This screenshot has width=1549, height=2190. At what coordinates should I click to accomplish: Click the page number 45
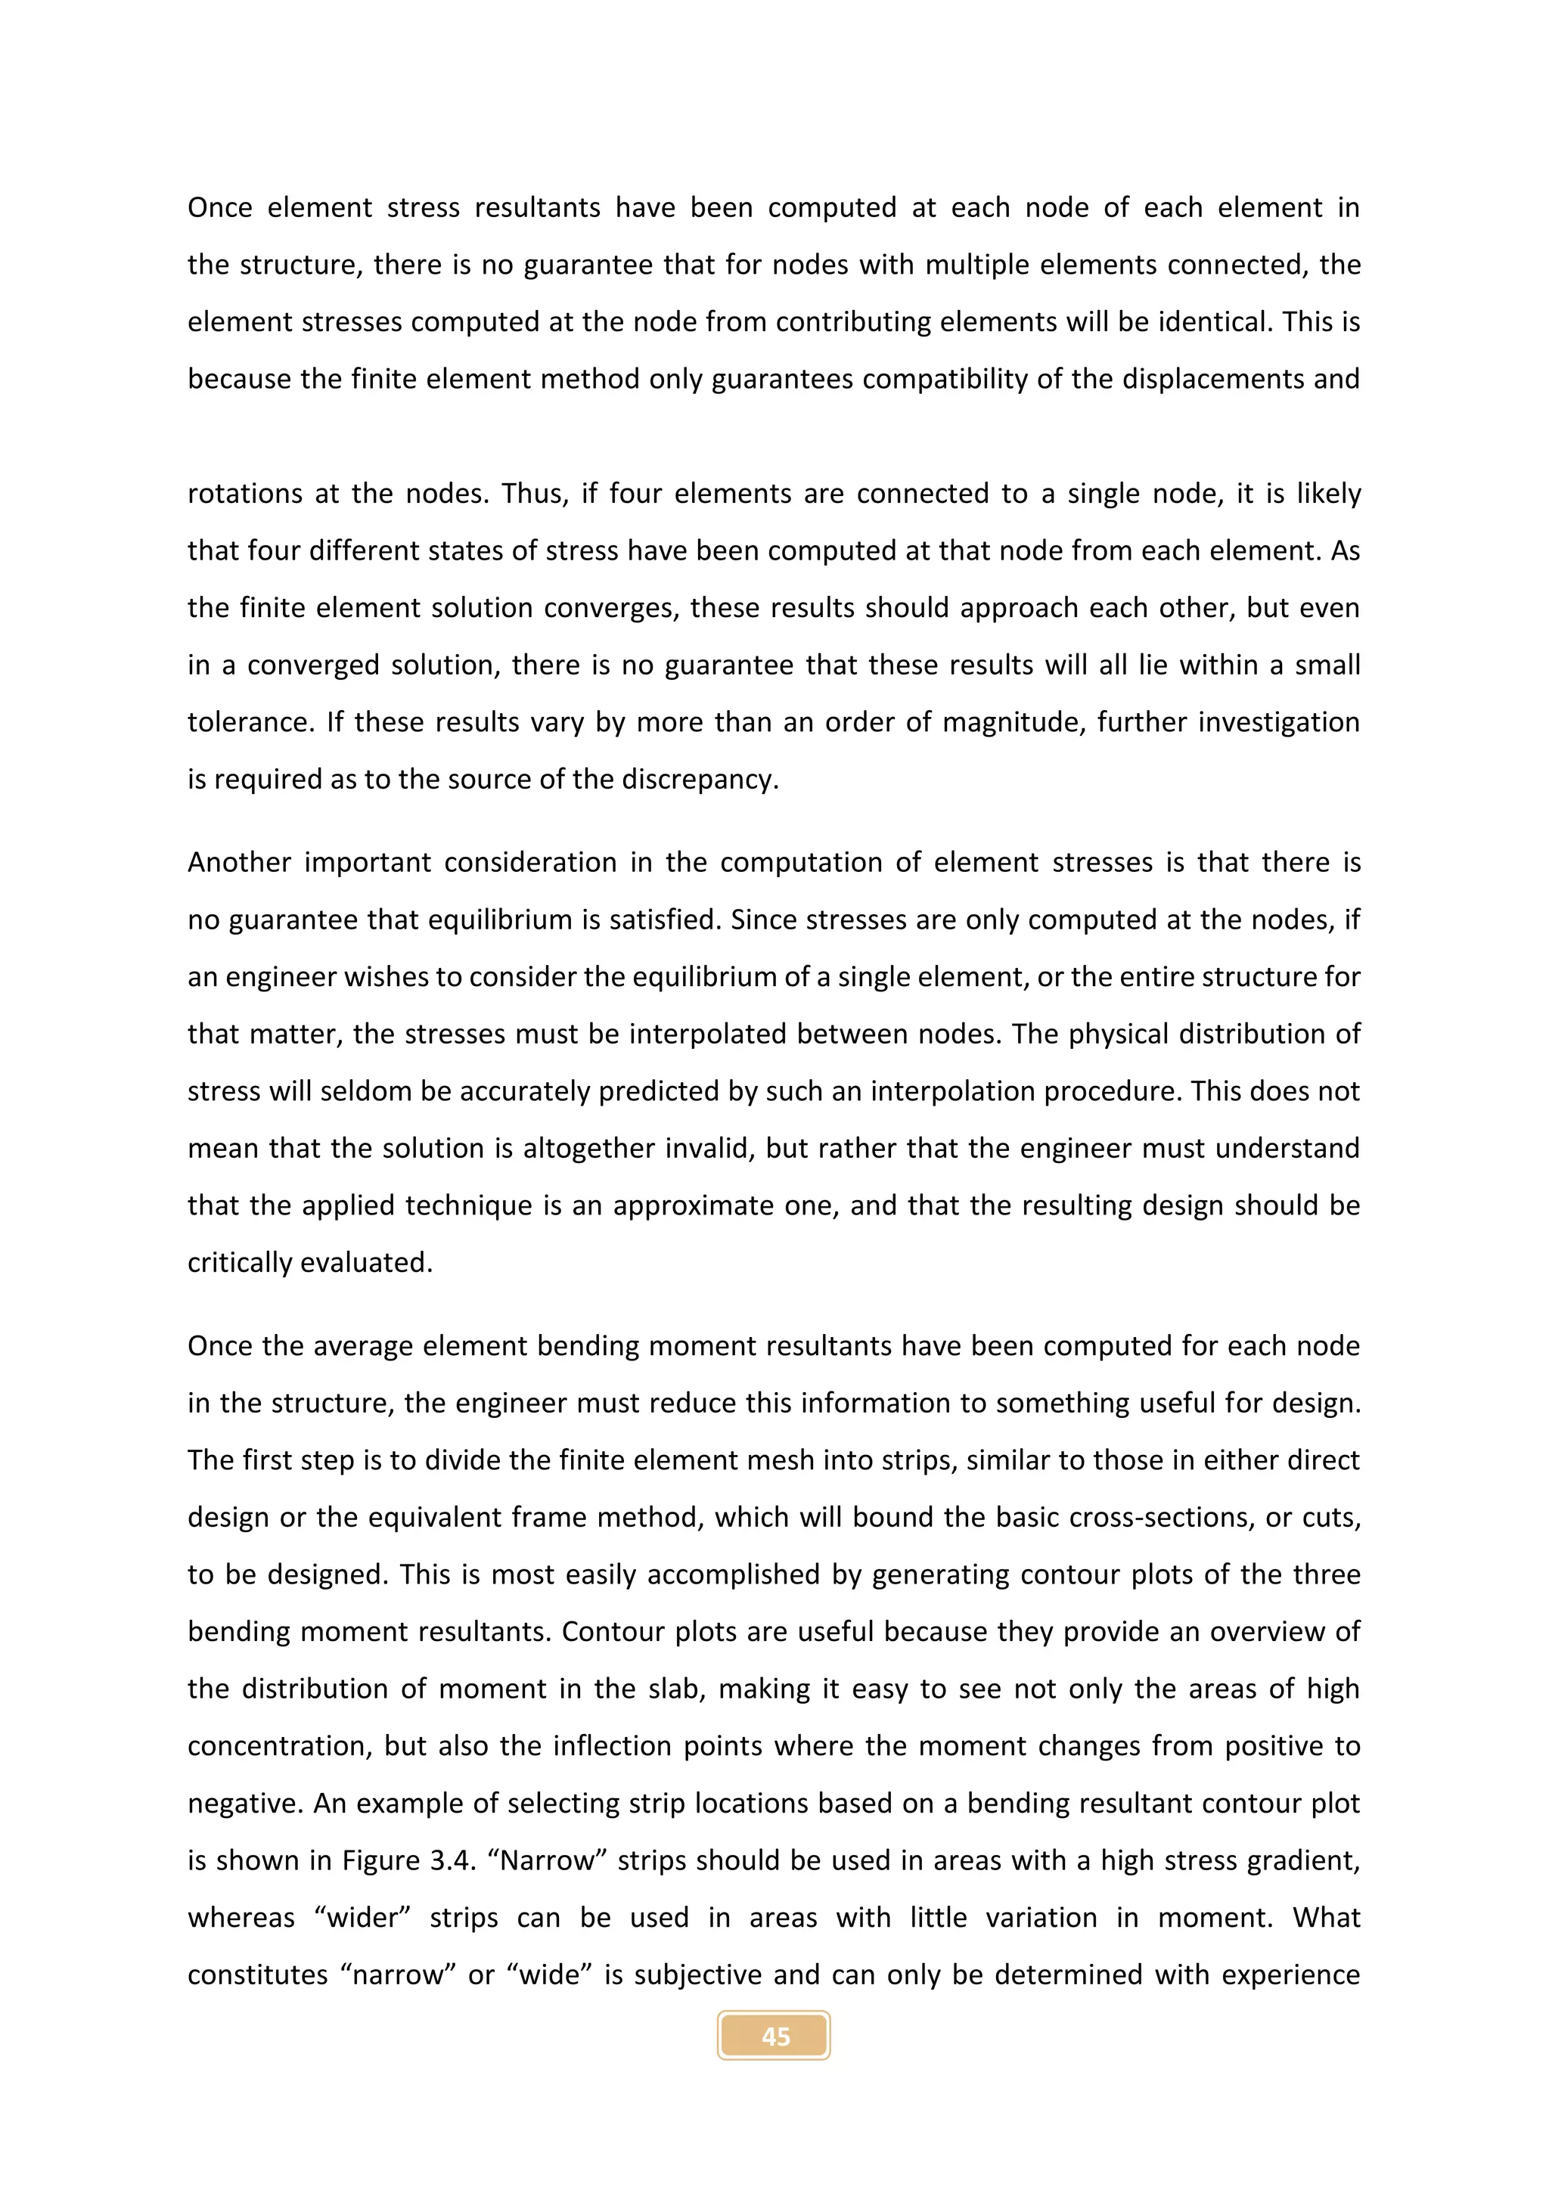[x=774, y=2036]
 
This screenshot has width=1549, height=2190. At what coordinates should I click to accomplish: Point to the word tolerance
[x=249, y=722]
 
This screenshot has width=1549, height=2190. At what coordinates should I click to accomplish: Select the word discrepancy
[x=699, y=780]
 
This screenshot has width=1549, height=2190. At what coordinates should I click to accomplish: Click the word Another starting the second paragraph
[x=238, y=862]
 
